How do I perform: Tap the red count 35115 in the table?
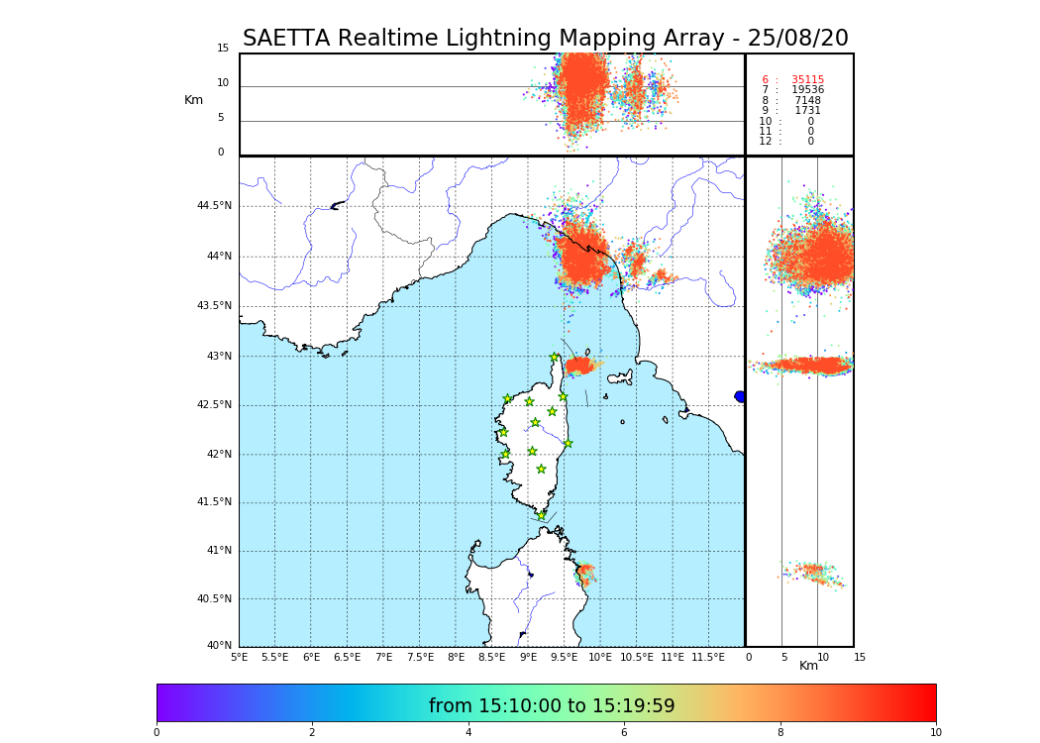pyautogui.click(x=807, y=80)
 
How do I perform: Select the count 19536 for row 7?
pyautogui.click(x=807, y=90)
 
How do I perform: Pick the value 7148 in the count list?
pyautogui.click(x=807, y=101)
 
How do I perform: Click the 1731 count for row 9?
pyautogui.click(x=807, y=111)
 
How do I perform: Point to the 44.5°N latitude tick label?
pyautogui.click(x=214, y=206)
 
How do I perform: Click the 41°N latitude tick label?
pyautogui.click(x=217, y=551)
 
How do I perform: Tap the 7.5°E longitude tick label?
pyautogui.click(x=420, y=657)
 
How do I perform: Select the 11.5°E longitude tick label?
pyautogui.click(x=708, y=657)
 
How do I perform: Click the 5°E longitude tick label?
pyautogui.click(x=239, y=657)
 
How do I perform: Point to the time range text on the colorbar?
pyautogui.click(x=552, y=706)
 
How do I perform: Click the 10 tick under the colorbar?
pyautogui.click(x=935, y=732)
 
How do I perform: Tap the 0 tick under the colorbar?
pyautogui.click(x=156, y=732)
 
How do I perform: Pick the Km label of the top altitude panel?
pyautogui.click(x=193, y=100)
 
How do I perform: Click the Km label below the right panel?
pyautogui.click(x=808, y=666)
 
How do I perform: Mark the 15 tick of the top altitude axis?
pyautogui.click(x=223, y=49)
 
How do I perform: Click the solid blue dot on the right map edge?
pyautogui.click(x=740, y=396)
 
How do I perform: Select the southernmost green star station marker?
pyautogui.click(x=541, y=515)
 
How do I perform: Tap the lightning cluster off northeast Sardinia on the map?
pyautogui.click(x=585, y=573)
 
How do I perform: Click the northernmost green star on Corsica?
pyautogui.click(x=555, y=358)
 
